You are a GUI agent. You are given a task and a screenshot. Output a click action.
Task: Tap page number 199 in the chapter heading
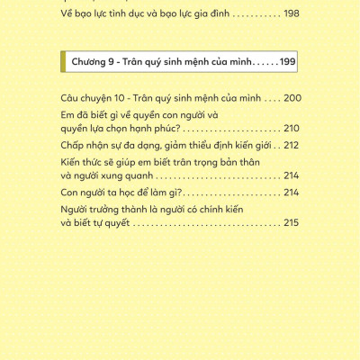[286, 62]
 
